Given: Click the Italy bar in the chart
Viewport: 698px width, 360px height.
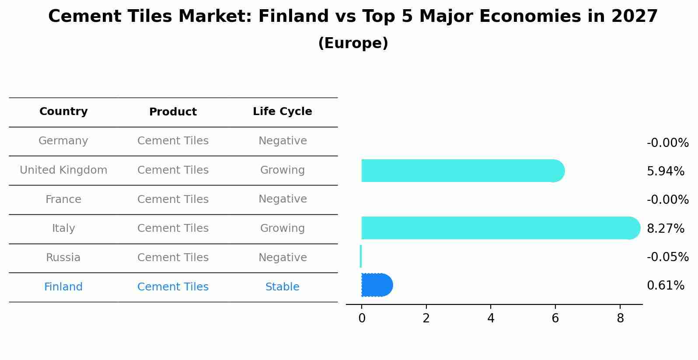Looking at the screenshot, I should pos(499,228).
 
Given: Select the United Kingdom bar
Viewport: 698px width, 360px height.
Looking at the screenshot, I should pos(461,171).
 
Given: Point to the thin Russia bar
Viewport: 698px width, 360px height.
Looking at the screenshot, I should pos(361,256).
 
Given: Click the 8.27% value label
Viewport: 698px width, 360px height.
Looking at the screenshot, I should pos(665,228).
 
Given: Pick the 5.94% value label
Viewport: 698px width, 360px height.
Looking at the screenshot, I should pos(665,171).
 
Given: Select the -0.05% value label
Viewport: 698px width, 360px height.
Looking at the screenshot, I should pos(667,257).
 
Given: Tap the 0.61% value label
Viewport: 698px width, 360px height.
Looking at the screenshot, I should pos(665,286).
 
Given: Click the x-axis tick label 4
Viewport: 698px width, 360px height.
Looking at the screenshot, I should pos(491,318).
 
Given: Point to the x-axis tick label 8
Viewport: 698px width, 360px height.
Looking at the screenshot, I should pos(620,318).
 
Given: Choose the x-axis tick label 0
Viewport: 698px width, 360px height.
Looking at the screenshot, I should pos(362,318).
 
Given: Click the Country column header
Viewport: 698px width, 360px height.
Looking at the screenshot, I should pos(63,112).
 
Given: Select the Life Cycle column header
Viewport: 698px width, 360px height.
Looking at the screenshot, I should pos(283,112).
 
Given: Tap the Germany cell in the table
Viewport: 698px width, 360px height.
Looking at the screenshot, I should pos(63,141).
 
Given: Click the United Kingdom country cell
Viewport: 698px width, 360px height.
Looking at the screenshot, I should pos(63,170).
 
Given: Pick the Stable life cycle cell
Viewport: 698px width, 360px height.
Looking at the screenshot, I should pos(283,287).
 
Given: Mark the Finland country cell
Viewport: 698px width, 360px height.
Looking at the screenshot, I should pos(63,287).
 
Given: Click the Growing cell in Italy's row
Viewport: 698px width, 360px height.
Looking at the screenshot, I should pos(283,228).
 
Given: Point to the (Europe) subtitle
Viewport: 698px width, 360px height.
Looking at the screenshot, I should pos(353,43).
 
